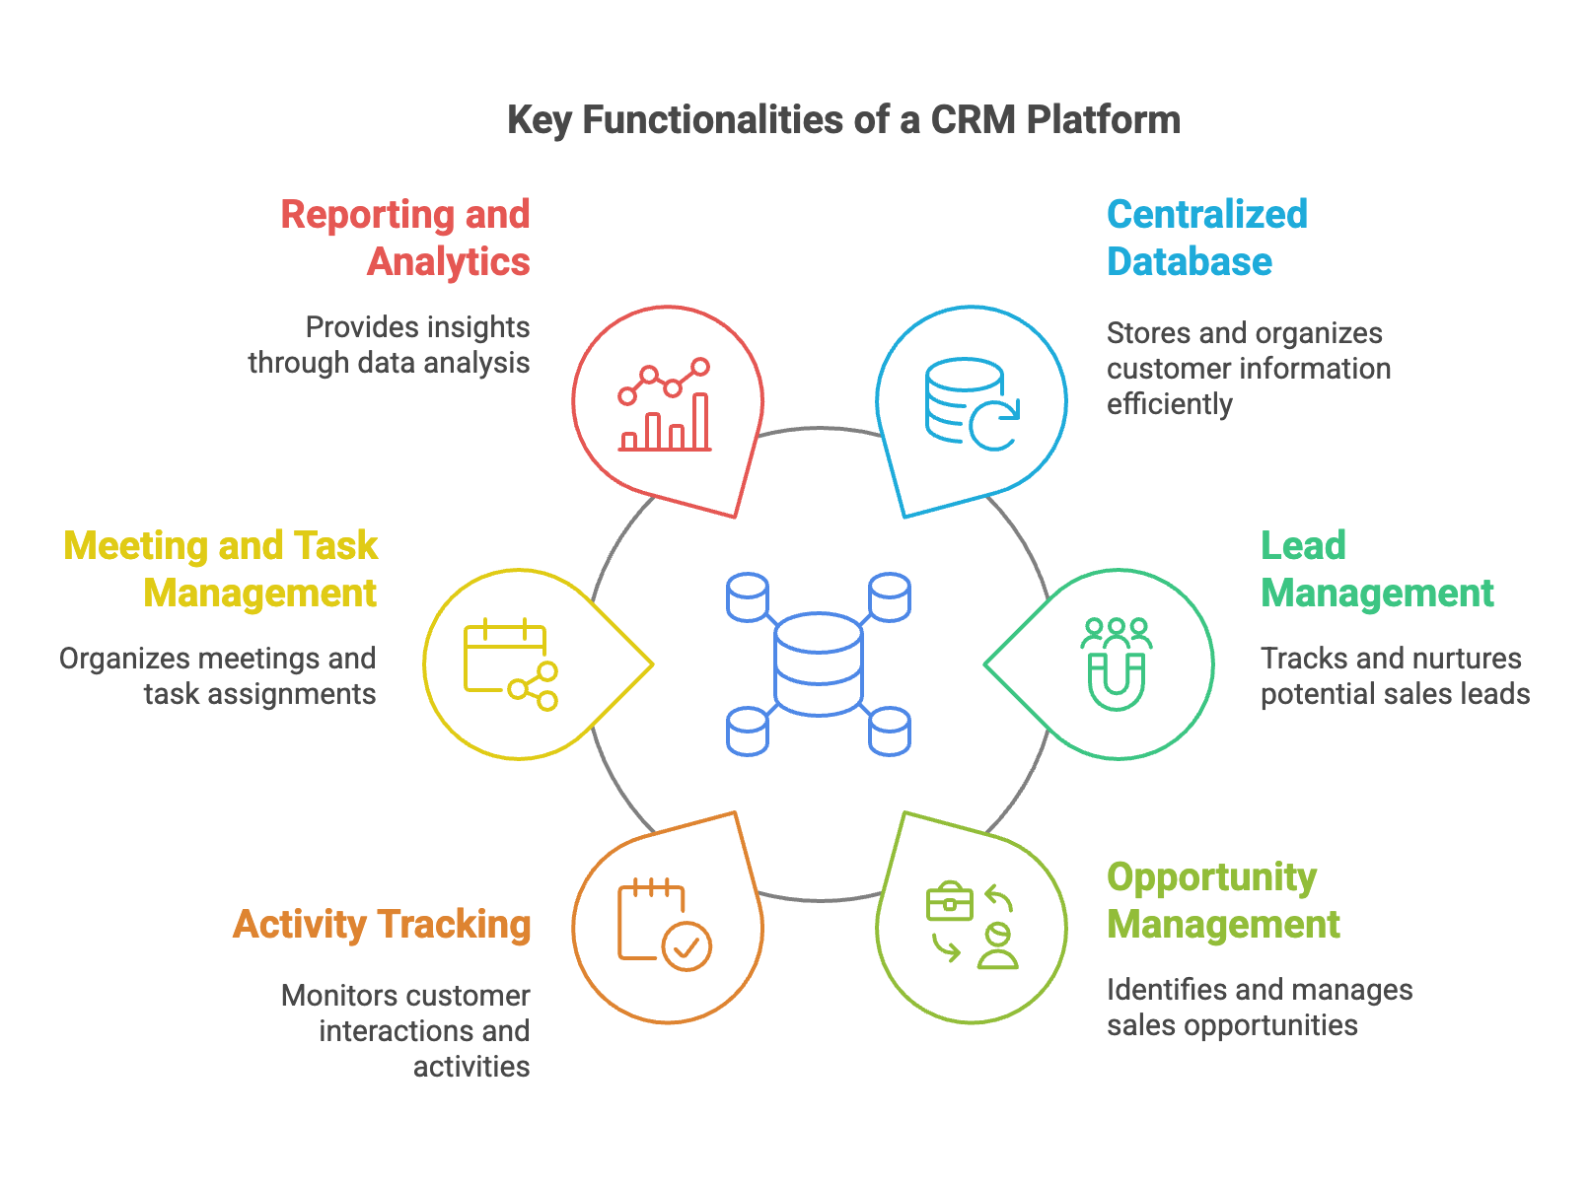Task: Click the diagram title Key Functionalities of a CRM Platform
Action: [x=843, y=120]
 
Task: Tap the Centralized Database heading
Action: [x=1206, y=239]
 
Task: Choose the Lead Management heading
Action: [x=1377, y=570]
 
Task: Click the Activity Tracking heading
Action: [x=382, y=925]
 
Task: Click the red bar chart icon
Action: [x=666, y=405]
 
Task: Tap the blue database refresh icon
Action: [x=972, y=404]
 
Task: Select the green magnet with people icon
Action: [x=1117, y=663]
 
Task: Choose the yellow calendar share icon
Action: [x=511, y=664]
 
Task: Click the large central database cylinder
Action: [x=819, y=663]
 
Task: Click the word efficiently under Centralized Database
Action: [x=1169, y=404]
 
